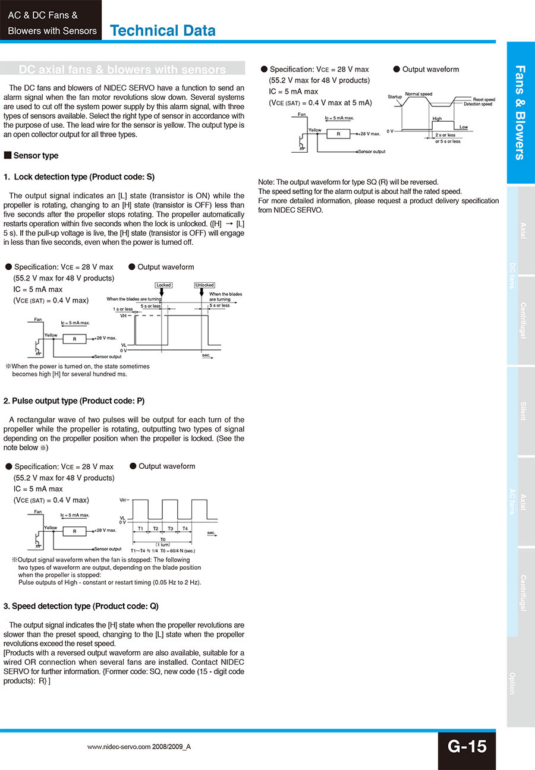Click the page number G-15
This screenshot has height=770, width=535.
click(467, 747)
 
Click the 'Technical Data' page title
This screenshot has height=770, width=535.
click(163, 30)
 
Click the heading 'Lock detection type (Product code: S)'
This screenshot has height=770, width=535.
click(79, 177)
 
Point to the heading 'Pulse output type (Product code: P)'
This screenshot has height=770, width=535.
click(74, 400)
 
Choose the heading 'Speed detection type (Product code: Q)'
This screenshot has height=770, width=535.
click(81, 606)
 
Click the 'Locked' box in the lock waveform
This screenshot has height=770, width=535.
click(163, 285)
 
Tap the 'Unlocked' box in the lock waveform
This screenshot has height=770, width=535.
click(204, 285)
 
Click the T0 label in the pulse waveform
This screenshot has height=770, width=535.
click(162, 539)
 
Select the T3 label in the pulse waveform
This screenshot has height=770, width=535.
click(171, 528)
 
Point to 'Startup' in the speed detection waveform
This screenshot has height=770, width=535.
click(395, 96)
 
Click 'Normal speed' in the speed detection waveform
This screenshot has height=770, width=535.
click(418, 94)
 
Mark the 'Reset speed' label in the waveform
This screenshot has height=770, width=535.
click(484, 99)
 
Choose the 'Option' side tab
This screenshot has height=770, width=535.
click(512, 683)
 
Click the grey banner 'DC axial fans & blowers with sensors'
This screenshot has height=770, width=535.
click(122, 70)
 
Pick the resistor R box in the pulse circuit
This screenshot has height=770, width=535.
click(75, 531)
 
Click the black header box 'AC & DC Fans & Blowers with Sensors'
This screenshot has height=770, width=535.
click(51, 23)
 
